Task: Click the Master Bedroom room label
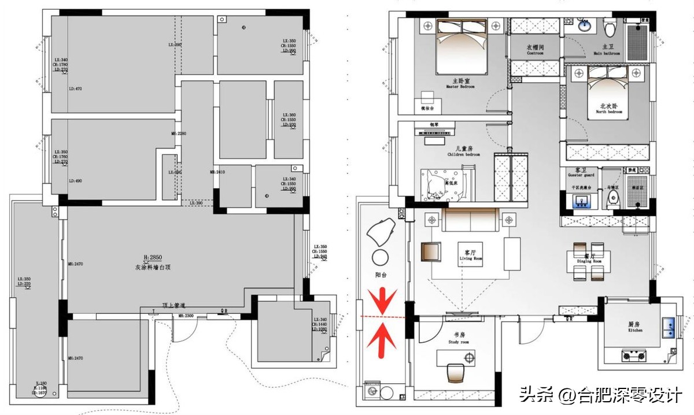[460, 83]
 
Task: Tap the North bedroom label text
[610, 108]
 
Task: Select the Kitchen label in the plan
[635, 327]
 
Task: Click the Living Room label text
[470, 255]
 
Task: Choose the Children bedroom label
[464, 151]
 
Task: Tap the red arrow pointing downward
[382, 301]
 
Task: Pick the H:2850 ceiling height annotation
[155, 257]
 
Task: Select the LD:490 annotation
[76, 181]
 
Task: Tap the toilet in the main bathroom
[610, 27]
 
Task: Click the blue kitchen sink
[671, 328]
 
